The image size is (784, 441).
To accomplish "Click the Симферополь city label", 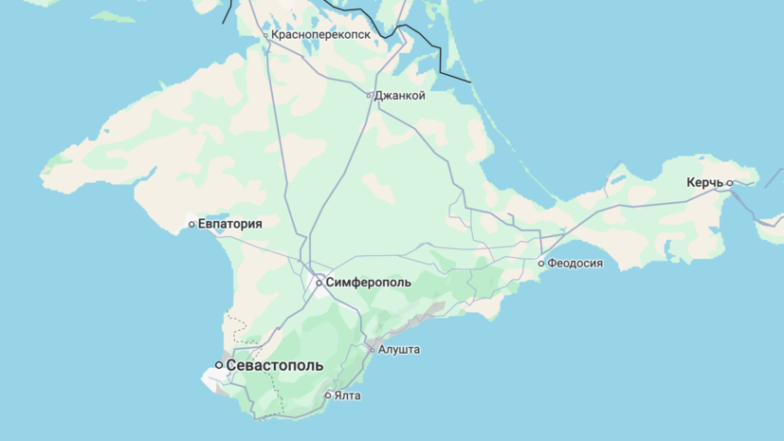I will tap(369, 283).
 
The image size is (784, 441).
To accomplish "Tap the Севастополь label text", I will tap(275, 365).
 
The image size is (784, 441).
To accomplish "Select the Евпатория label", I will tap(230, 224).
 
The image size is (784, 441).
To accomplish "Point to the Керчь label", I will tap(705, 183).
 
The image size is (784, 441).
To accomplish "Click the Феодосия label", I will tap(576, 264).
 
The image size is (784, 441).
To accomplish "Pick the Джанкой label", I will tap(400, 96).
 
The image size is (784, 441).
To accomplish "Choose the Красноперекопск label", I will tap(320, 35).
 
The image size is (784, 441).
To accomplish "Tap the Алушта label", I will tap(399, 350).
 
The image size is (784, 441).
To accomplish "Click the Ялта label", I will tap(348, 395).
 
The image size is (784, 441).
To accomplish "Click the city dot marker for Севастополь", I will tap(219, 365).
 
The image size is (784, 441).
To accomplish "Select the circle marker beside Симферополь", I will tap(319, 283).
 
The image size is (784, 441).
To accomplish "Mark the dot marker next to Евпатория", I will tap(191, 225).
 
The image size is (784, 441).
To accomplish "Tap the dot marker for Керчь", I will tap(730, 183).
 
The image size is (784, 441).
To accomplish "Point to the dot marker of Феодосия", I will tap(541, 264).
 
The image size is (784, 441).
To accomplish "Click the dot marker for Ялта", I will tap(328, 395).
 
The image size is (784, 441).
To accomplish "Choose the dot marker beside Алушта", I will tap(372, 350).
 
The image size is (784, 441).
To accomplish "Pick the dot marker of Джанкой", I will tap(370, 96).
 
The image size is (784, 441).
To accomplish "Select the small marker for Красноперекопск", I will tap(266, 35).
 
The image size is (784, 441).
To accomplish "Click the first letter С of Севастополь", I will tap(231, 365).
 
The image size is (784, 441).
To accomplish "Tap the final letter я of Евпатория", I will tap(259, 224).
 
